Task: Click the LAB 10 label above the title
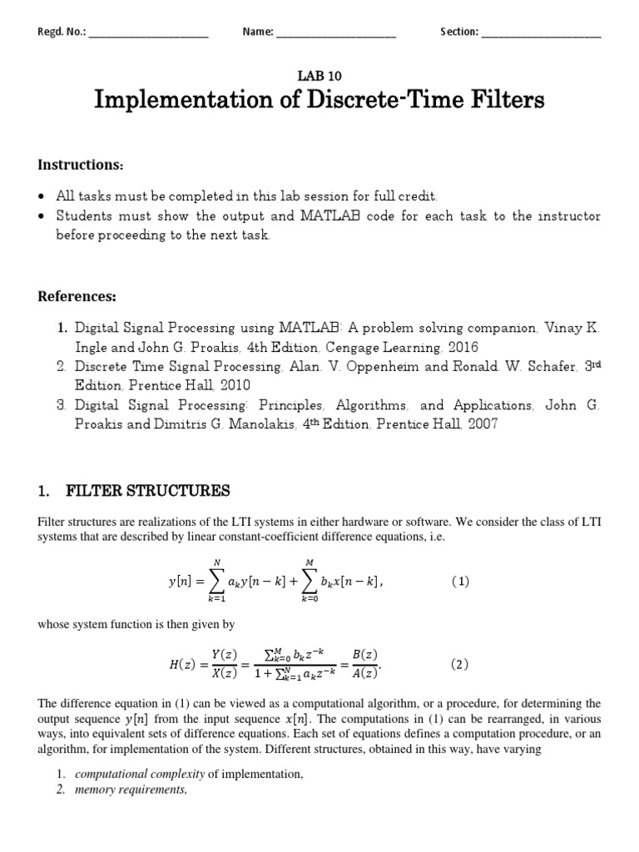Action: click(319, 74)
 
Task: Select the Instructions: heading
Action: click(81, 166)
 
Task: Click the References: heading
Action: click(77, 297)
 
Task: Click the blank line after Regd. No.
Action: click(147, 32)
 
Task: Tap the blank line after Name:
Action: click(335, 32)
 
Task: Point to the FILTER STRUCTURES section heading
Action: click(147, 491)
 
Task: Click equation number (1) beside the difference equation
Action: click(460, 582)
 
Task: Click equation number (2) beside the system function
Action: click(460, 664)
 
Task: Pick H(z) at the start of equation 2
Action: click(182, 664)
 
